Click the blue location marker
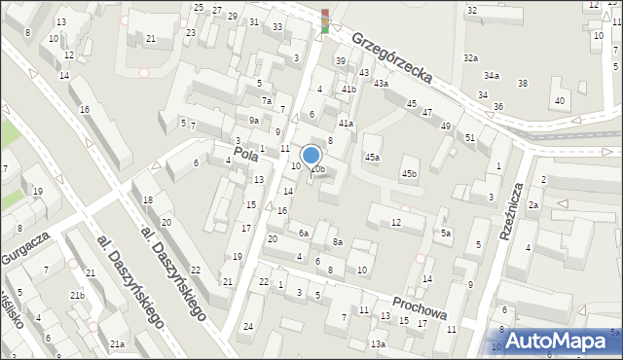(x=311, y=156)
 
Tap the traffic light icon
(x=325, y=20)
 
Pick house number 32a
(x=471, y=58)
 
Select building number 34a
(x=492, y=75)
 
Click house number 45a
(x=372, y=157)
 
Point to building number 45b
(x=410, y=174)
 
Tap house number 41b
(x=348, y=90)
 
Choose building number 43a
(x=381, y=84)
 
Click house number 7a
(x=266, y=100)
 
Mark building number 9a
(x=253, y=120)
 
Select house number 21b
(x=76, y=295)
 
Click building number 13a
(x=378, y=343)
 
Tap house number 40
(x=559, y=101)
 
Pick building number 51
(x=470, y=137)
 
